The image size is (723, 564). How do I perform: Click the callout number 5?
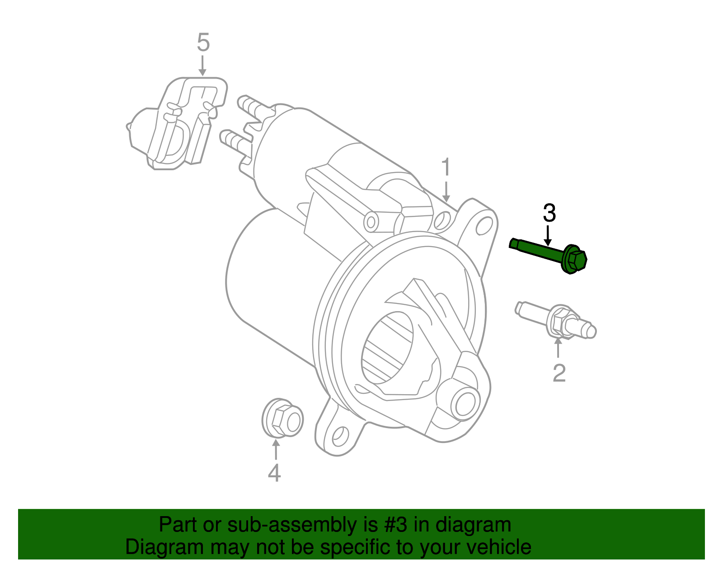203,43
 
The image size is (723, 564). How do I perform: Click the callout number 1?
446,168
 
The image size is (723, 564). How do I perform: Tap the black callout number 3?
549,213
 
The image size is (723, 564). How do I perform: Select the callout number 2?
559,373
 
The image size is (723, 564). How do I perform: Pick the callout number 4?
274,473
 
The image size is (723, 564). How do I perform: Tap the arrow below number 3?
548,235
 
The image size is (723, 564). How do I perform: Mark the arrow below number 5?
202,66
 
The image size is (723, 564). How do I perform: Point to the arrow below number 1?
446,192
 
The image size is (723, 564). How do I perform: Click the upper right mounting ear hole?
484,225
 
